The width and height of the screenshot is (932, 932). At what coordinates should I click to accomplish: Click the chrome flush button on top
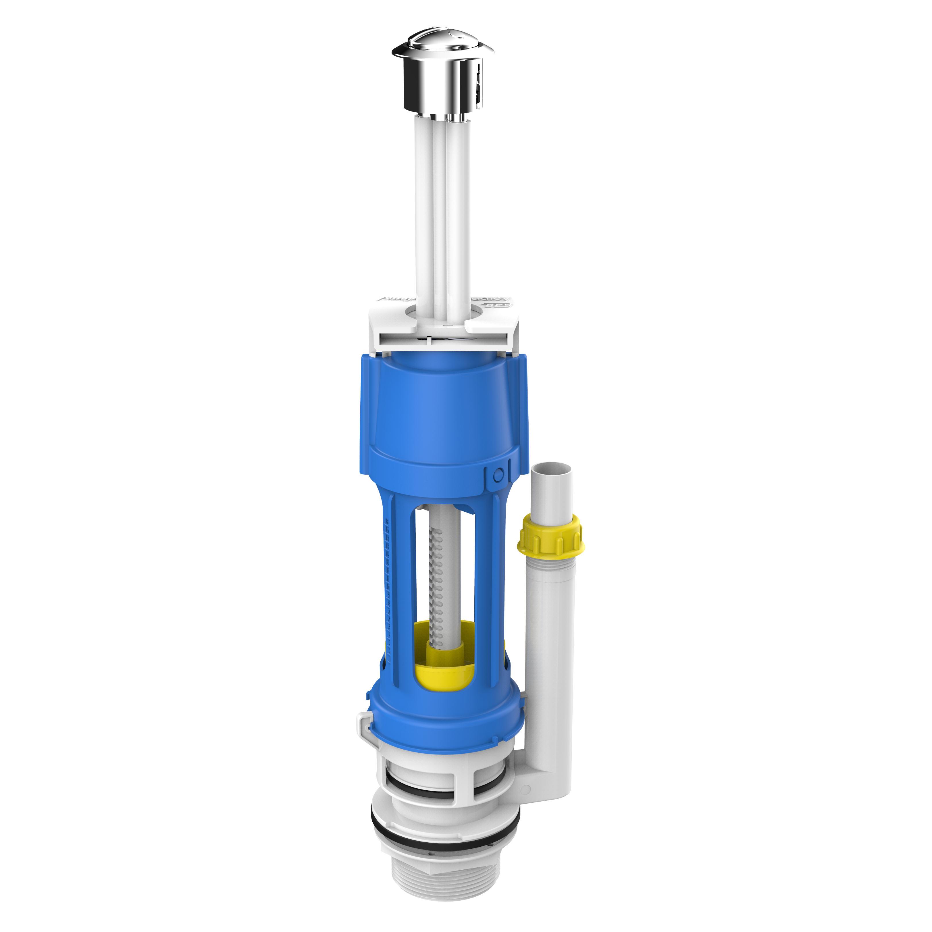click(x=442, y=82)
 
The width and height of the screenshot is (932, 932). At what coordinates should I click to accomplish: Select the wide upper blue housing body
click(x=444, y=410)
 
